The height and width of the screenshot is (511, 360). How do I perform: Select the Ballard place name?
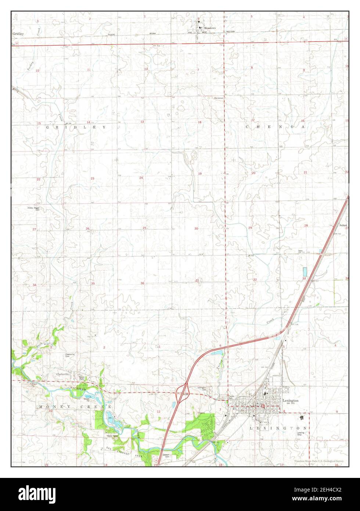(x=343, y=225)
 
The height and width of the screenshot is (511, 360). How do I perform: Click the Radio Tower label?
(x=112, y=436)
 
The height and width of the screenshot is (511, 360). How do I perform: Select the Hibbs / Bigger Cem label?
(x=33, y=208)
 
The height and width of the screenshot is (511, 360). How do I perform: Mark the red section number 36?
(x=142, y=283)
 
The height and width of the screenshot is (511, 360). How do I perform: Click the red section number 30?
(x=196, y=229)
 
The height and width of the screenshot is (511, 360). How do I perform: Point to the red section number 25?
(x=145, y=228)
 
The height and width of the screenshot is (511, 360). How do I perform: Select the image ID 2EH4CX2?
(x=332, y=499)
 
